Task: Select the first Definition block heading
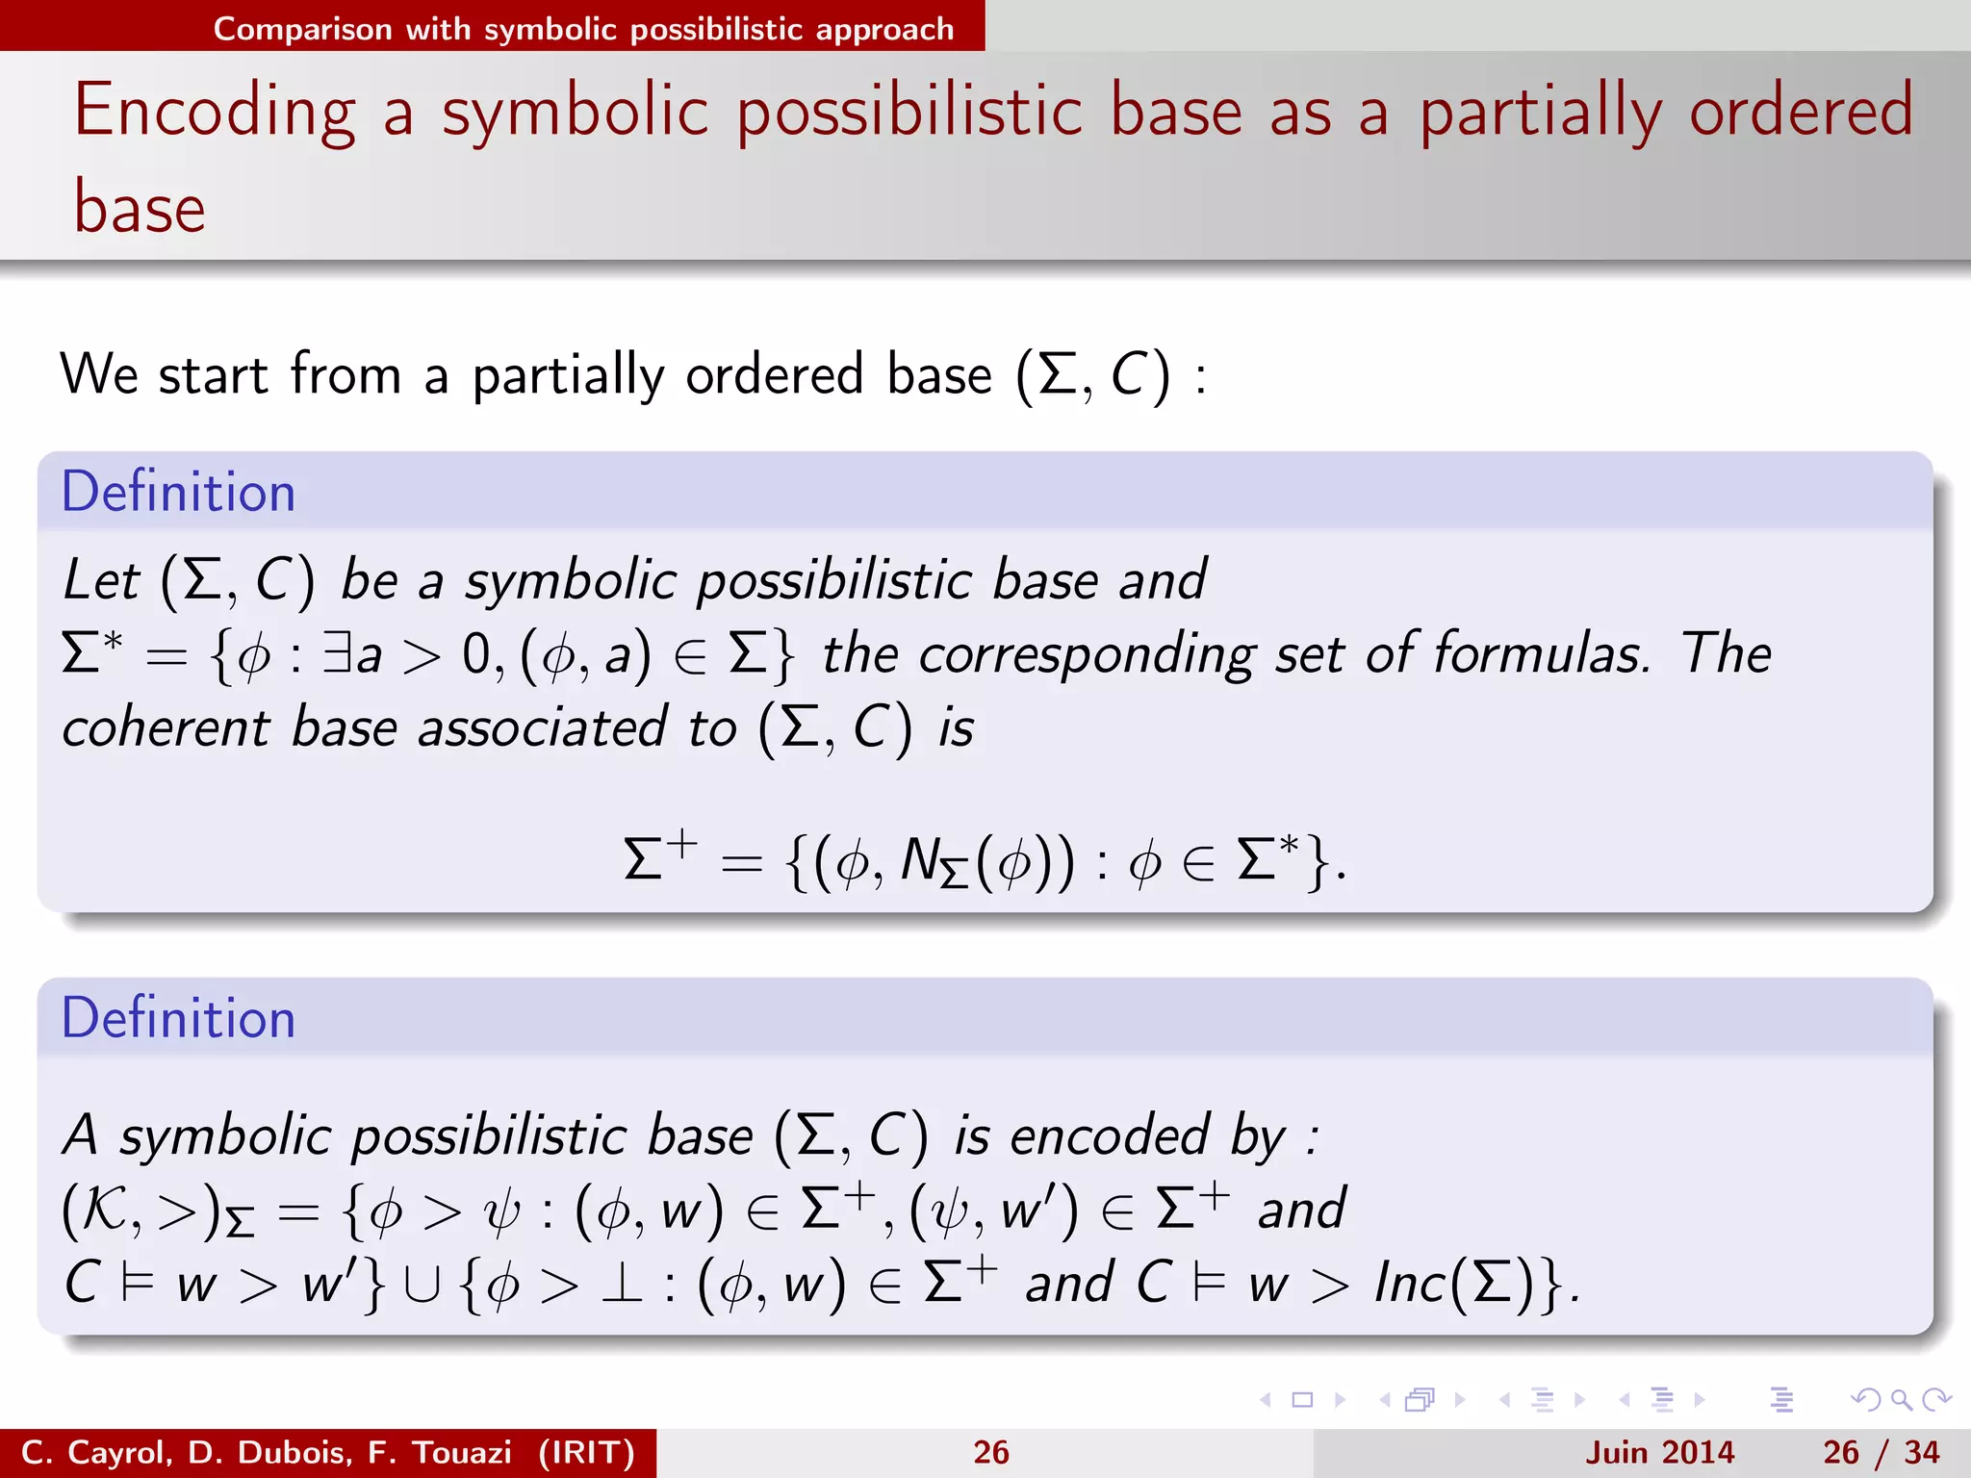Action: click(x=178, y=492)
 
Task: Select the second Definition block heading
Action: click(x=178, y=1018)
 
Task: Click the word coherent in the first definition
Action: click(x=166, y=727)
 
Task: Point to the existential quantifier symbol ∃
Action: click(x=337, y=654)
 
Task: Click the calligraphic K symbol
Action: click(x=104, y=1210)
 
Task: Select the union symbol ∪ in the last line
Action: click(x=422, y=1285)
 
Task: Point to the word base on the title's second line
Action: click(x=141, y=209)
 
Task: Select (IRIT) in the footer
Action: click(x=586, y=1452)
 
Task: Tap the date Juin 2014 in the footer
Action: click(x=1659, y=1452)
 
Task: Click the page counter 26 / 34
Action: click(x=1881, y=1452)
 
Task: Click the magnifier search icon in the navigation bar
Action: click(x=1901, y=1400)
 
